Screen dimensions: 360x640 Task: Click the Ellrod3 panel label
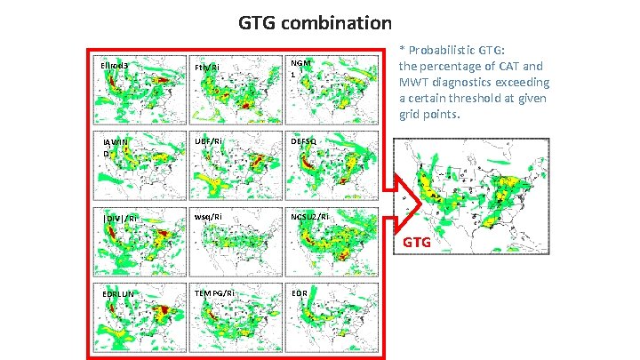[116, 66]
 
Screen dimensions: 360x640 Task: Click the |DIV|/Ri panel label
[120, 217]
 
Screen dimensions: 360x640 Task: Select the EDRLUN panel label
[119, 292]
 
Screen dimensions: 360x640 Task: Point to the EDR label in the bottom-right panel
[300, 292]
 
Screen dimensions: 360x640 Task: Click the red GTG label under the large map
[420, 242]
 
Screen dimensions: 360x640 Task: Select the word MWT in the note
[415, 83]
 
